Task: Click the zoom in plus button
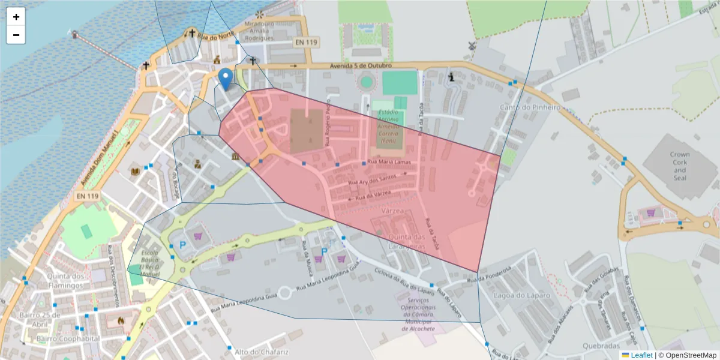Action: (x=16, y=17)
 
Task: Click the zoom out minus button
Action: (x=16, y=35)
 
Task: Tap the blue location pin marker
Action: (x=226, y=79)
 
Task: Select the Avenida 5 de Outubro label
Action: (x=361, y=65)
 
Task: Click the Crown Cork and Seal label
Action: (x=680, y=166)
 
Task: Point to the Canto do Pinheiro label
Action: (x=530, y=107)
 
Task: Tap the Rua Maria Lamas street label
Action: (x=389, y=163)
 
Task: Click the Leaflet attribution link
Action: (x=641, y=355)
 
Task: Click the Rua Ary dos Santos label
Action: (x=374, y=179)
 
